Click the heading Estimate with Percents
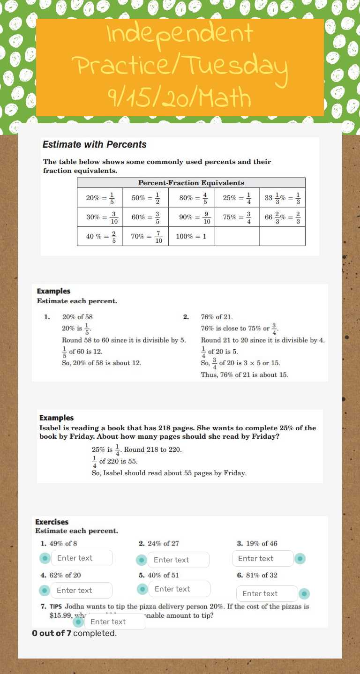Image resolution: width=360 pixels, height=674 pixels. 94,145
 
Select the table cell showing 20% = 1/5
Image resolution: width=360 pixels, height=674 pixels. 100,198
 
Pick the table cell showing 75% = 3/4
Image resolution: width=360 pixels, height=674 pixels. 236,217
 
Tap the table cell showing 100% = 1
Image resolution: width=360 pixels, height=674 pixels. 191,236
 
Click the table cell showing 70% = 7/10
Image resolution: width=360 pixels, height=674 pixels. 146,237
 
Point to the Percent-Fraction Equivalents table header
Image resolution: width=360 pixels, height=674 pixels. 191,183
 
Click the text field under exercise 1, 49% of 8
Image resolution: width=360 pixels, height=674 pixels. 82,558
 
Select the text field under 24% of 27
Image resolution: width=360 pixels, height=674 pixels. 178,560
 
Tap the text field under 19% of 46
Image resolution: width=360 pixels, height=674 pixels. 262,559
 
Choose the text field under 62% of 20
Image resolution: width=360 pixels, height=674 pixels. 81,591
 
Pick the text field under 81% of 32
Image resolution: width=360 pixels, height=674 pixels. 267,594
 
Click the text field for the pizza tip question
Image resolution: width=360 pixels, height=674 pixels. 115,622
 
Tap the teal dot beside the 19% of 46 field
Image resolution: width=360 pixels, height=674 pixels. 300,559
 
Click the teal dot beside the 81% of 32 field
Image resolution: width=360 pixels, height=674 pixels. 304,594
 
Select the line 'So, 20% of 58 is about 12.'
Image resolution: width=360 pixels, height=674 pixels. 101,363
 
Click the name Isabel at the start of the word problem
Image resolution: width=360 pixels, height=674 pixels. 50,428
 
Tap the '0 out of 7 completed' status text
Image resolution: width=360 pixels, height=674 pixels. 74,633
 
